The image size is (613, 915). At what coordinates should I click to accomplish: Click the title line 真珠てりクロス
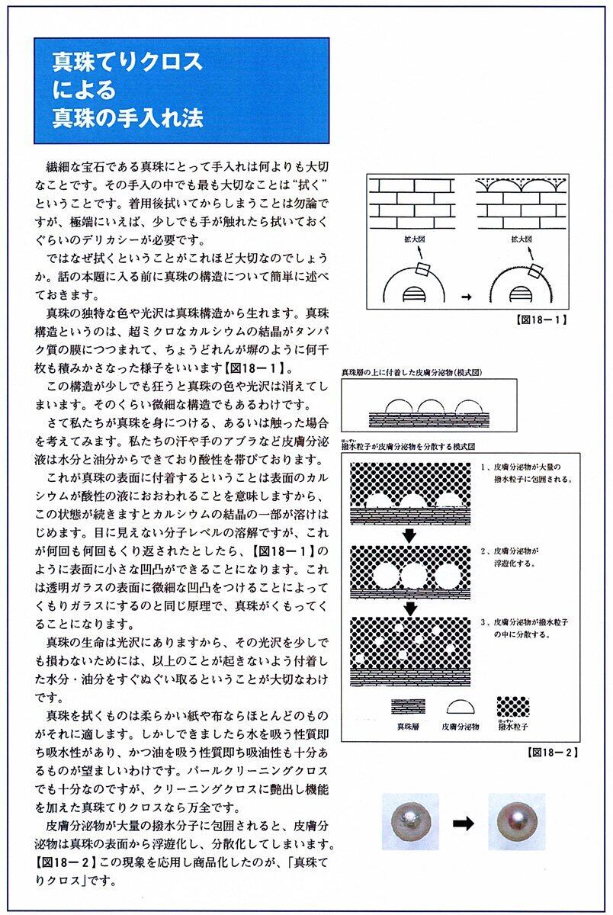click(127, 61)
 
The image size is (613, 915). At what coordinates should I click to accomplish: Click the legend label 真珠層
click(408, 726)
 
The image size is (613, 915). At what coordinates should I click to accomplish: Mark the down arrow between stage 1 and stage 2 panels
click(410, 535)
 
